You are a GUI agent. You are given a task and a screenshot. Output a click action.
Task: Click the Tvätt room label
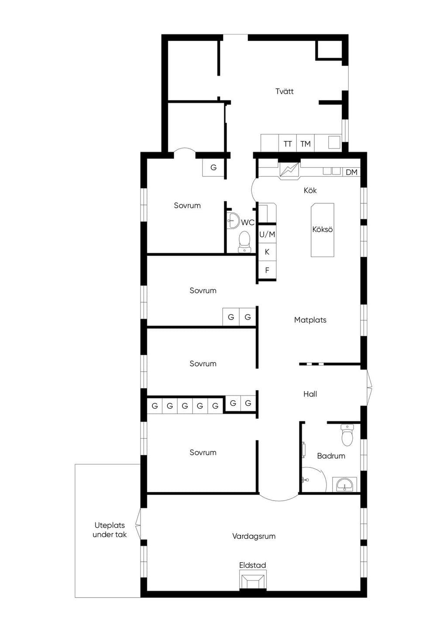tap(284, 91)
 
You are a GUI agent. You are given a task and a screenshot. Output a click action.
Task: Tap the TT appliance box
tap(288, 143)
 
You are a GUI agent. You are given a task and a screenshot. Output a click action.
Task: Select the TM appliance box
tap(305, 143)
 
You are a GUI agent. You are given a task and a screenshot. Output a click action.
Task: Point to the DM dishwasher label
tap(351, 172)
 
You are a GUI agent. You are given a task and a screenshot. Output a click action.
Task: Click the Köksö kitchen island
tap(322, 230)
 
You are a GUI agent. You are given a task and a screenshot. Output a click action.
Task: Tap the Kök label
tap(310, 190)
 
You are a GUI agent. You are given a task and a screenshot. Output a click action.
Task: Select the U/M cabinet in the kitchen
tap(267, 234)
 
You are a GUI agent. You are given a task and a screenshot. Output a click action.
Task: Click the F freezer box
tap(267, 270)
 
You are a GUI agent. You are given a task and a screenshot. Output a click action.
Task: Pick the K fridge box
tap(267, 252)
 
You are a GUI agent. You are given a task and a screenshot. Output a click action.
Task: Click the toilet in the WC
tap(244, 242)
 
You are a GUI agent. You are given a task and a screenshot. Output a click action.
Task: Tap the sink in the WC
tap(233, 221)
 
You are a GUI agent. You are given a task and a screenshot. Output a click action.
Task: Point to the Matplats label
tap(310, 320)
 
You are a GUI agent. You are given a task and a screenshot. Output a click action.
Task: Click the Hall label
tap(310, 394)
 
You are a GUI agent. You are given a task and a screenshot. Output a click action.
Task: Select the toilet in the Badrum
tap(347, 435)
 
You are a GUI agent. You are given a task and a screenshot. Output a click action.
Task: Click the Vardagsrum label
tap(254, 536)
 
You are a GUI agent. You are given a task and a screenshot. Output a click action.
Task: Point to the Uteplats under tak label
tap(110, 530)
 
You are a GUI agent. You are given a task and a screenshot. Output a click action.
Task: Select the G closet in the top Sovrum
tap(213, 168)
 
